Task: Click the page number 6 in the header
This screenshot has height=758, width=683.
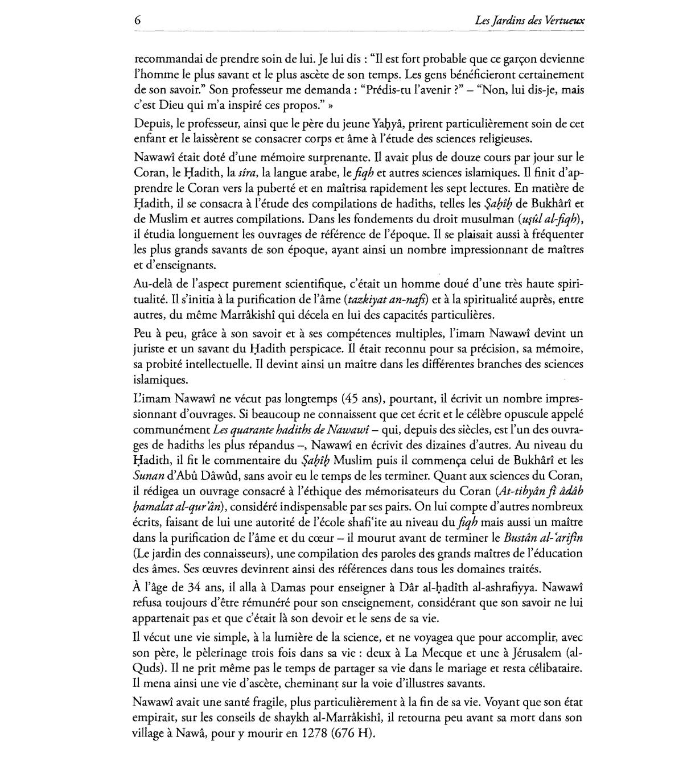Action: (138, 20)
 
